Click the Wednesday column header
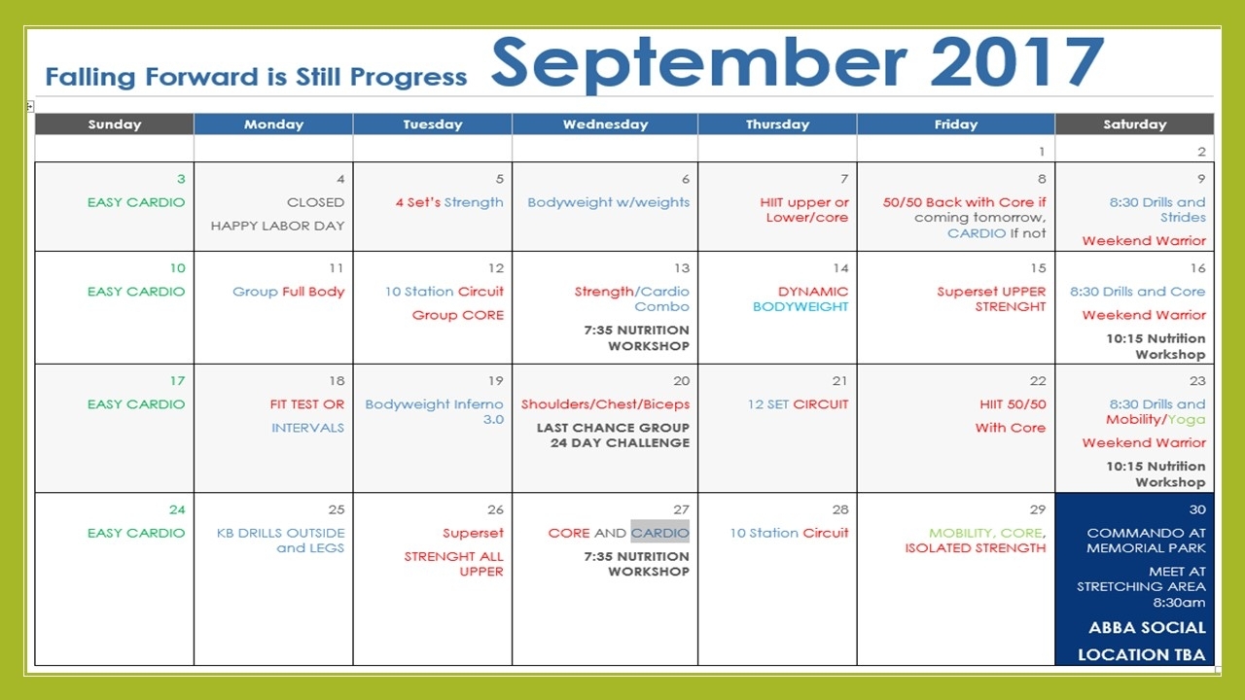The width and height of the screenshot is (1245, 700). (x=605, y=123)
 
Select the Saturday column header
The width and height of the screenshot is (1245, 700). (x=1134, y=123)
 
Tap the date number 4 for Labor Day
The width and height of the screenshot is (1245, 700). (x=340, y=179)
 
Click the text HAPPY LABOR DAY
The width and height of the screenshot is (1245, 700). (x=277, y=226)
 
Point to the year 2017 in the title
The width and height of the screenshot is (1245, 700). (x=1016, y=61)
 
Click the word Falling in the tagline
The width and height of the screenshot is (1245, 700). (x=90, y=77)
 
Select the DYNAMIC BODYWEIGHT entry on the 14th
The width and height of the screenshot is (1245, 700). (x=800, y=298)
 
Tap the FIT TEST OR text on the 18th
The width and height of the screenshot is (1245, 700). (x=306, y=403)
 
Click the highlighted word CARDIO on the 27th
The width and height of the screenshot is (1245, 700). (x=659, y=533)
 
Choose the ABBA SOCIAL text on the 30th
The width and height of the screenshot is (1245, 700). (x=1147, y=628)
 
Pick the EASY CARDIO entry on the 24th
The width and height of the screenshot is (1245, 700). (x=135, y=533)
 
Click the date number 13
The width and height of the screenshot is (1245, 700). (x=682, y=268)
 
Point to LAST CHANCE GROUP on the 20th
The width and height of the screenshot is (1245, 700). (x=613, y=427)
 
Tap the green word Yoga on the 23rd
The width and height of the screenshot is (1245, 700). (x=1186, y=420)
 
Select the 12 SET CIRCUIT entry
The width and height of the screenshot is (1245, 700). (x=798, y=403)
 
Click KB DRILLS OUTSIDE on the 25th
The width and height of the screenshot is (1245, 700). (x=281, y=533)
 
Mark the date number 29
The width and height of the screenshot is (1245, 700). (x=1037, y=509)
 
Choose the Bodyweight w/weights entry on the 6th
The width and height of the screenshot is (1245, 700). (x=608, y=202)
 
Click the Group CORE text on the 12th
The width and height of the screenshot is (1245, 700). (x=457, y=315)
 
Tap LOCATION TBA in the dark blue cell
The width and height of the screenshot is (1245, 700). (x=1142, y=655)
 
